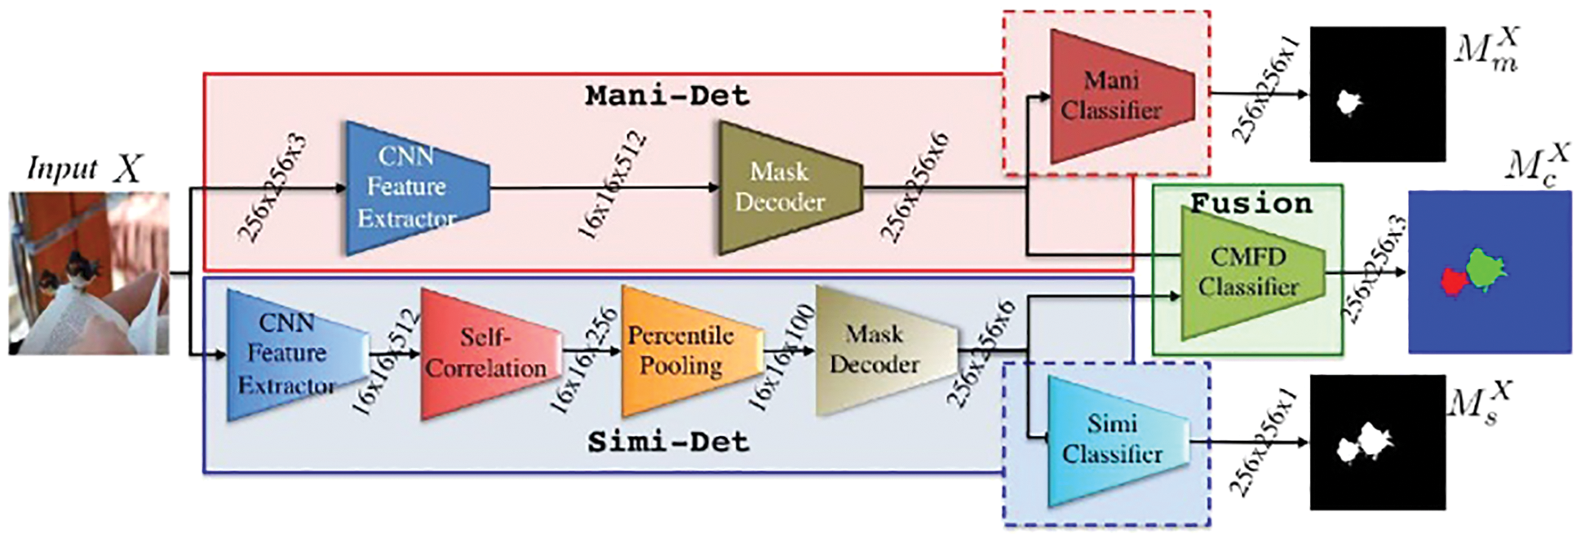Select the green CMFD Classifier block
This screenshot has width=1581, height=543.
point(1248,272)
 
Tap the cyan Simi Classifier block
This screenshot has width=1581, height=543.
point(1114,440)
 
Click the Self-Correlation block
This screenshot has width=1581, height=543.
point(488,353)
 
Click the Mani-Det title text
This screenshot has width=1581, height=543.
point(666,95)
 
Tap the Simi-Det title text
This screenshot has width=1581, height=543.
point(667,442)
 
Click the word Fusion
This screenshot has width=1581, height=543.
point(1251,203)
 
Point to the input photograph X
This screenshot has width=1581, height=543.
point(89,273)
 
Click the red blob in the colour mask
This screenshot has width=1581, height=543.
point(1451,282)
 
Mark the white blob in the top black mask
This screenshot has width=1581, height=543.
point(1349,103)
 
